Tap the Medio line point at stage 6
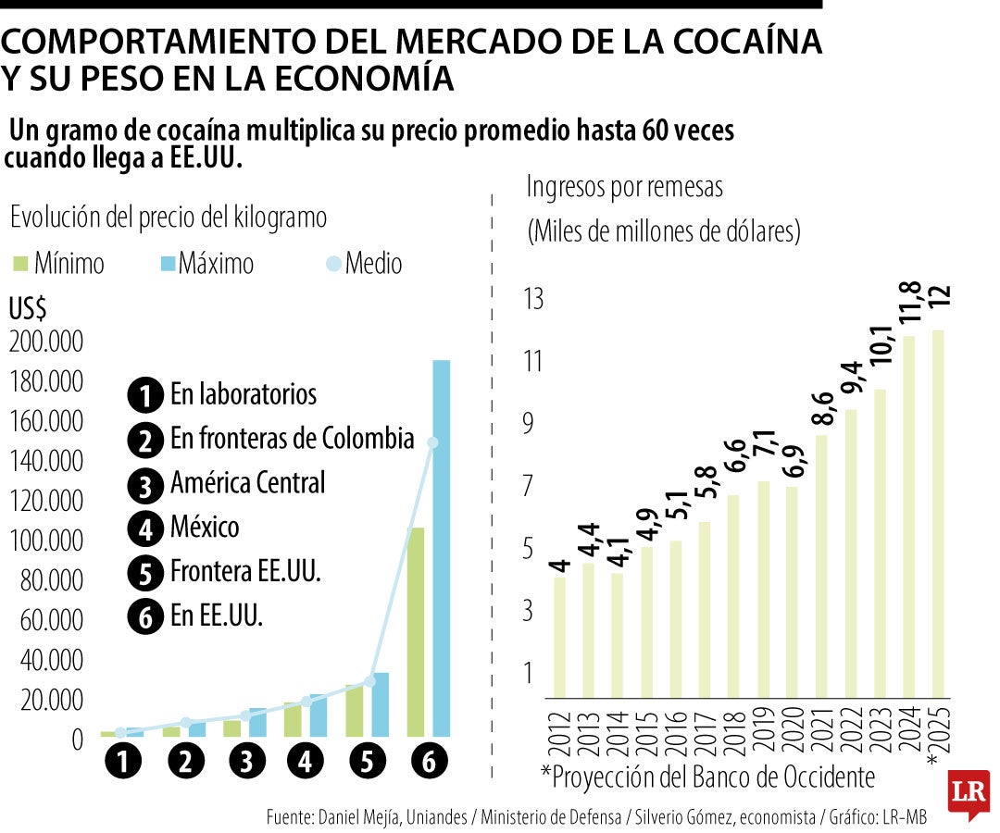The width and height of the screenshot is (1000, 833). pos(431,442)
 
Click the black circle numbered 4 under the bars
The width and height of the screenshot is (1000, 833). pos(306,762)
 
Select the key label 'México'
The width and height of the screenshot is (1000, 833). pos(205,528)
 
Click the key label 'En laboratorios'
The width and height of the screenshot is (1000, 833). pos(243,394)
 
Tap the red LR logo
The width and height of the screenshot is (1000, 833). pos(968,794)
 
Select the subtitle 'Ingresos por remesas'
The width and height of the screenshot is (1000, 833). pos(624,187)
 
